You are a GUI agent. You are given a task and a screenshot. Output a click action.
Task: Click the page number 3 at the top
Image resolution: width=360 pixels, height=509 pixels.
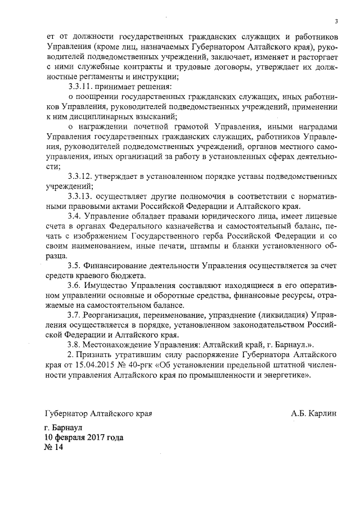click(x=336, y=22)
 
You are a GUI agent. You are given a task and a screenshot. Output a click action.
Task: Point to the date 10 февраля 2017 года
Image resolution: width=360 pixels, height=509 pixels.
click(x=84, y=437)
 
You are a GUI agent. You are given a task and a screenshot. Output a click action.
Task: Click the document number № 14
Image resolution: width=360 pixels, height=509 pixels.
click(x=55, y=448)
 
